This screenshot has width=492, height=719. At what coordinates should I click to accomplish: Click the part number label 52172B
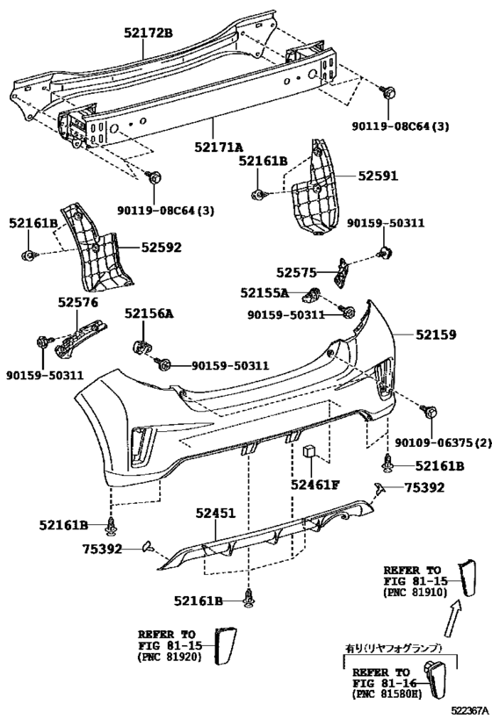[148, 32]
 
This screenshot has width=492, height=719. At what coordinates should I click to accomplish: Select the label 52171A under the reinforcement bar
[218, 147]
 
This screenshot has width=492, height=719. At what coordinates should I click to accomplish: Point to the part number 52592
[161, 248]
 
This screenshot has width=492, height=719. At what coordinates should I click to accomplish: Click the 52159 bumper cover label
[436, 334]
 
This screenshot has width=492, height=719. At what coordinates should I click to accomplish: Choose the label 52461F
[315, 485]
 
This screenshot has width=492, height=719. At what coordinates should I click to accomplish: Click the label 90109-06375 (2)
[443, 443]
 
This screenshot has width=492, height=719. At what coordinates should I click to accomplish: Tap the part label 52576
[77, 302]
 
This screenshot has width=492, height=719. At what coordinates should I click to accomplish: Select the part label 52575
[296, 273]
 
